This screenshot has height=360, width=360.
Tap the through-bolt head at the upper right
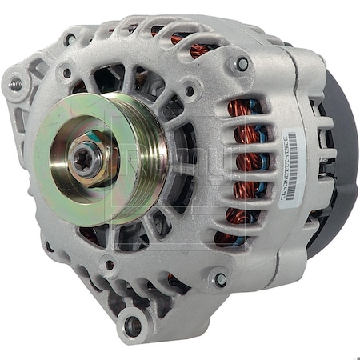(x=241, y=63)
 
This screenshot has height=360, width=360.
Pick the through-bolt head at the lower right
(x=220, y=279)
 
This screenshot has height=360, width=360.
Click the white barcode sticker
(x=290, y=166)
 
